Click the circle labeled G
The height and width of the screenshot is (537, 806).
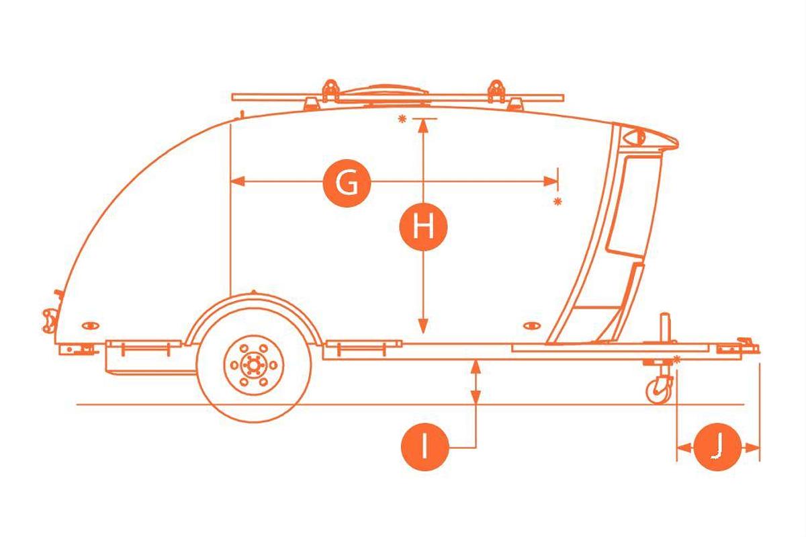347,183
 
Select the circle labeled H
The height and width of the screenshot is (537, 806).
423,227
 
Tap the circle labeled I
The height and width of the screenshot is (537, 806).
424,446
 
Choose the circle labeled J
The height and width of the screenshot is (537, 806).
717,447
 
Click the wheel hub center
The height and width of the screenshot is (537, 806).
254,366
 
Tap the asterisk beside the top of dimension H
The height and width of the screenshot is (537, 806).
402,119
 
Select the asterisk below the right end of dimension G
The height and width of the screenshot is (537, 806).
557,202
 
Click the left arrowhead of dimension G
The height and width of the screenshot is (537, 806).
238,181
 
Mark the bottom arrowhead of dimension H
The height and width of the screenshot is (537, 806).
423,326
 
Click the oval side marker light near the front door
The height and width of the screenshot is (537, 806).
531,325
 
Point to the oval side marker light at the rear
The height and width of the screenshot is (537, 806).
90,325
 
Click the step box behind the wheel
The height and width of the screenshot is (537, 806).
144,357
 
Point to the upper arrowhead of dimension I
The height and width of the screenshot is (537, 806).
476,367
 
